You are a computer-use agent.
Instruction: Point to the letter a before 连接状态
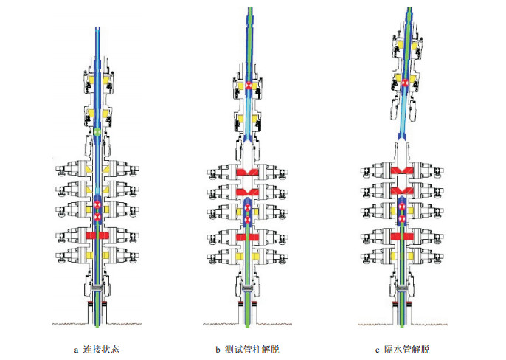[76, 349]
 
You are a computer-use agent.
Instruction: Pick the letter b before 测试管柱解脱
[219, 349]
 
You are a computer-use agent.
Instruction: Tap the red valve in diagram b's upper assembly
[249, 86]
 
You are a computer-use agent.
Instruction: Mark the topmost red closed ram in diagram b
[249, 173]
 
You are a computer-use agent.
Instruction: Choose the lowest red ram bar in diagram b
[249, 238]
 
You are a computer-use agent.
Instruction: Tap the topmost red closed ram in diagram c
[402, 171]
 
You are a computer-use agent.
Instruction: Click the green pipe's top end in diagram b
[249, 9]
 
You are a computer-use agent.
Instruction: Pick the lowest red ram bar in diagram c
[402, 238]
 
